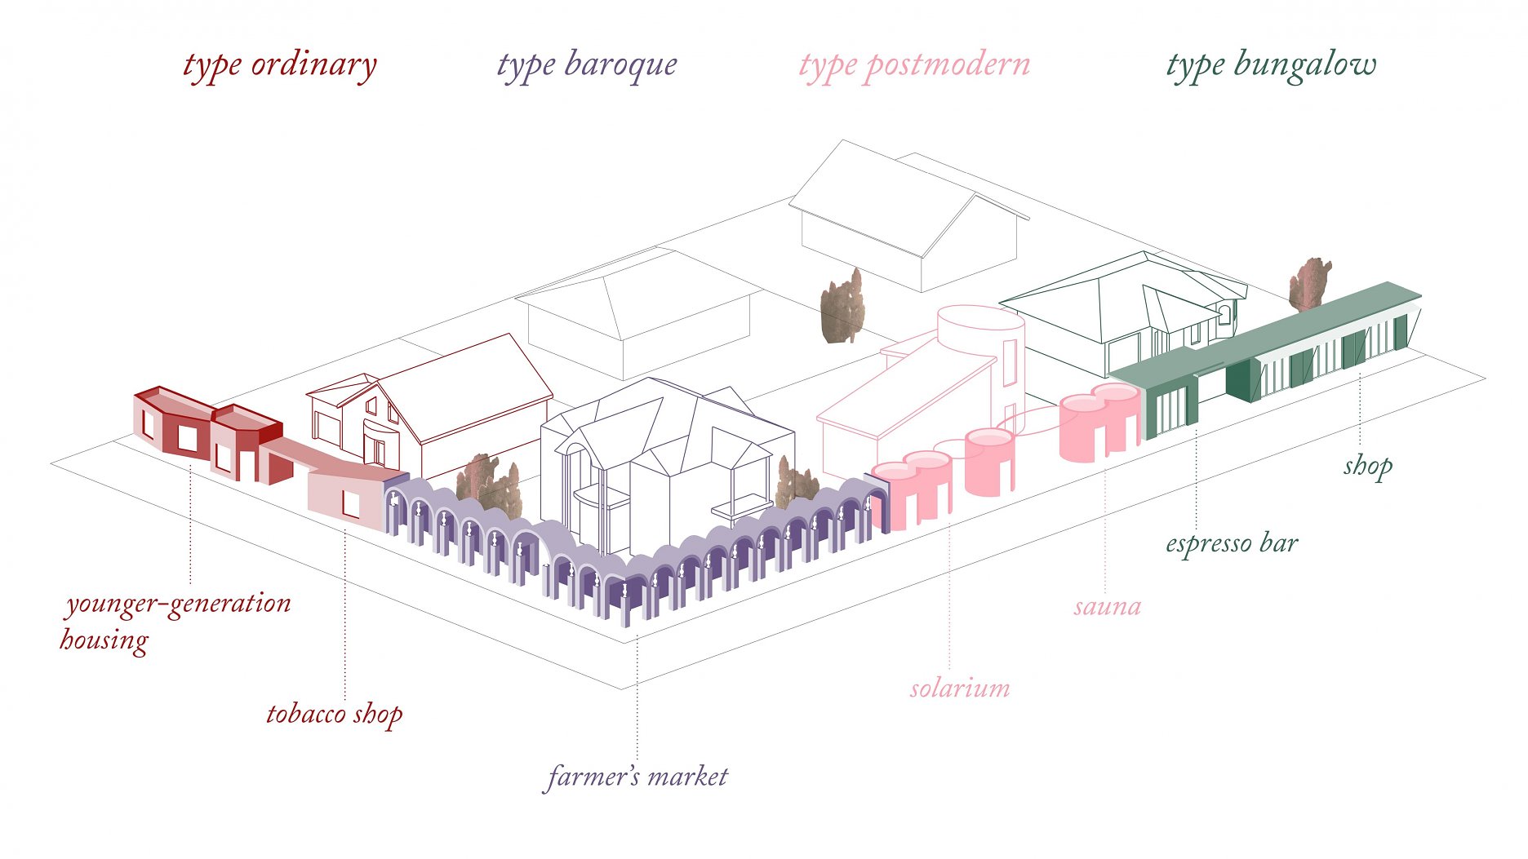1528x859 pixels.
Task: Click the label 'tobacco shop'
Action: tap(335, 714)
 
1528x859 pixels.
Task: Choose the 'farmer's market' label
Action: tap(637, 776)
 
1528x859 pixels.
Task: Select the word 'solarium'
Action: tap(960, 688)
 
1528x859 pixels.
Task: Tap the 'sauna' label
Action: tap(1107, 607)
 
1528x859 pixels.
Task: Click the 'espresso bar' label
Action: tap(1232, 543)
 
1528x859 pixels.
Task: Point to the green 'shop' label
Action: tap(1368, 467)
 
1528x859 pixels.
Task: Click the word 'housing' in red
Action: tap(104, 640)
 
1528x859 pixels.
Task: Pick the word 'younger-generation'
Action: tap(179, 604)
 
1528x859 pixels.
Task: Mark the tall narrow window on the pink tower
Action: tap(1010, 361)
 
